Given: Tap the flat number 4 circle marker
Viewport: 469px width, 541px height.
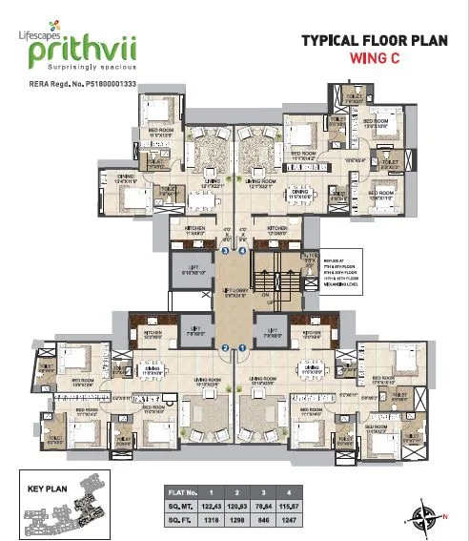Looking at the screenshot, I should pos(243,251).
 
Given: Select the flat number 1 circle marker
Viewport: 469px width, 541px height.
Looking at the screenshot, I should pos(243,348).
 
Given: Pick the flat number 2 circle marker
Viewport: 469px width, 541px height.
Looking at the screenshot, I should pos(225,348).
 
